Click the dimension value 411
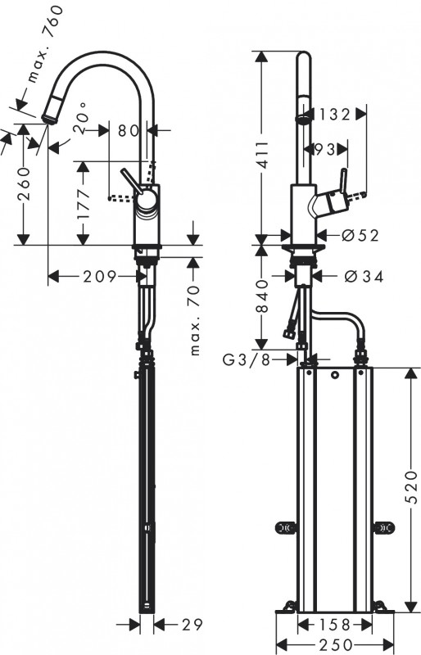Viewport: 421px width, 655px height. click(x=263, y=155)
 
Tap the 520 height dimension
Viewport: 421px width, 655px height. click(x=411, y=486)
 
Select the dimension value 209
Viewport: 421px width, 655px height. click(x=99, y=276)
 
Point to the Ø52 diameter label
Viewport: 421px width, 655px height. click(x=360, y=236)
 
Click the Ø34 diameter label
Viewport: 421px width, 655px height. click(x=364, y=276)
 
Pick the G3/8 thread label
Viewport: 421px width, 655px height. click(x=247, y=359)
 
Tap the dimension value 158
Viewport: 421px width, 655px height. click(x=334, y=625)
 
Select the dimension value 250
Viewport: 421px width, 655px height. click(x=335, y=644)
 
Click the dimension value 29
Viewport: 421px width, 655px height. click(x=192, y=625)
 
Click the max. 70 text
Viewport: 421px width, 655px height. click(x=194, y=320)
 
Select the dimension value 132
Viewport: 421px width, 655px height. click(x=334, y=115)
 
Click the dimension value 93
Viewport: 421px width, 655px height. click(x=326, y=149)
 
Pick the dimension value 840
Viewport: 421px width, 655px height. click(x=263, y=296)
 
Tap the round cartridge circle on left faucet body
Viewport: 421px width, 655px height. click(x=147, y=201)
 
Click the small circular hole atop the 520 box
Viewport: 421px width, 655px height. click(x=334, y=375)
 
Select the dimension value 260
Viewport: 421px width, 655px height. click(x=25, y=183)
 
